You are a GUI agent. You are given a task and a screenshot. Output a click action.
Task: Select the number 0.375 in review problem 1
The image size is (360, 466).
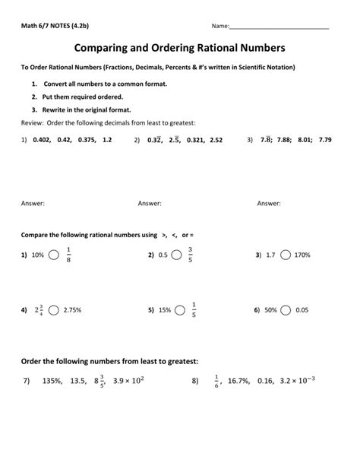click(x=86, y=140)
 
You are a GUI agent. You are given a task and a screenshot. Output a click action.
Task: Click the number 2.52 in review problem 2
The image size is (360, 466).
click(x=216, y=140)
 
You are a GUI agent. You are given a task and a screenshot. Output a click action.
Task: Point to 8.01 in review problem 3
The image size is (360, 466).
click(x=304, y=140)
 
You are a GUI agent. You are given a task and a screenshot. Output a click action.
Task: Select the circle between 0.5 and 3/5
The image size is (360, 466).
click(x=176, y=255)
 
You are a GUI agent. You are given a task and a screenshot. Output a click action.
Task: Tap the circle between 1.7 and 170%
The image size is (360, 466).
click(x=286, y=255)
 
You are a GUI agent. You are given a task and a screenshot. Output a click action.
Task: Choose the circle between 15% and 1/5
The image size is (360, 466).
click(x=178, y=310)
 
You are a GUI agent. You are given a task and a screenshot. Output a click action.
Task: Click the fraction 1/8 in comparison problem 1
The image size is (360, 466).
click(x=68, y=255)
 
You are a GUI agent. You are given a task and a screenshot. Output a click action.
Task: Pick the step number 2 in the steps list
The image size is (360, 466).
click(x=35, y=98)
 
